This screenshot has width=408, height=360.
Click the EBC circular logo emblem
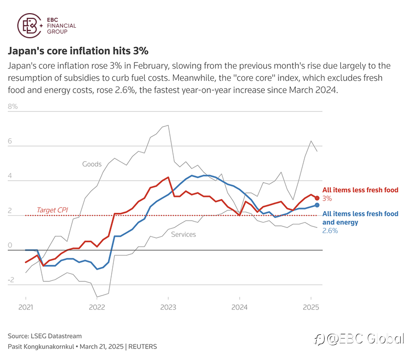point(30,26)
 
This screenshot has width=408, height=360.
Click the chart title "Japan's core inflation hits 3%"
point(78,51)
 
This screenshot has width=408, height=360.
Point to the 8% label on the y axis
point(13,106)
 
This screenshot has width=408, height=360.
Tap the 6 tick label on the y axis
point(10,141)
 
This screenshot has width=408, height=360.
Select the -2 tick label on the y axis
point(11,280)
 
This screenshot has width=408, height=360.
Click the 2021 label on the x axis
point(26,307)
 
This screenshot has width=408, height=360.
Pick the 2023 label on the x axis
point(168,307)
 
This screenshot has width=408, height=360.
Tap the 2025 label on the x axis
point(311,307)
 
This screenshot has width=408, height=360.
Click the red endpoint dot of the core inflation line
point(317,198)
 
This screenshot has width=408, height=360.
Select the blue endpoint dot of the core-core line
point(317,205)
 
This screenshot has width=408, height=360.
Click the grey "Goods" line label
point(92,164)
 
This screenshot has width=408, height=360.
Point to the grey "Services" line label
point(184,234)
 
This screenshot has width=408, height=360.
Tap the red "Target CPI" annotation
point(52,210)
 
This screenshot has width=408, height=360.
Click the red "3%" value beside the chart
point(327,199)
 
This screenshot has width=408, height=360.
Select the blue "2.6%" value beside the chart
point(330,231)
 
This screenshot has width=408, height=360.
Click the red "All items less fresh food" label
point(360,190)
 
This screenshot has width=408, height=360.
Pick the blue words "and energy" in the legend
point(340,222)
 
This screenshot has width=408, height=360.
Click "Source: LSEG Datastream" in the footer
point(45,336)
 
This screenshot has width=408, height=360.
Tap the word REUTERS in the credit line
point(143,347)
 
